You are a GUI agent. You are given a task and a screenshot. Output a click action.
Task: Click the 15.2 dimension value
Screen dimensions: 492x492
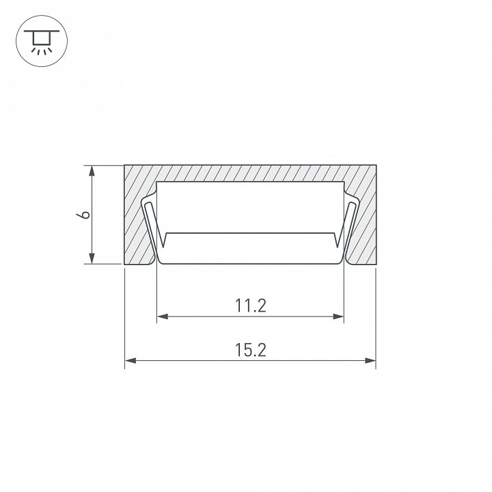point(250,350)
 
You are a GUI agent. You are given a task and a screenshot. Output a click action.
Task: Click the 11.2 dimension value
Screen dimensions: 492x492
point(250,305)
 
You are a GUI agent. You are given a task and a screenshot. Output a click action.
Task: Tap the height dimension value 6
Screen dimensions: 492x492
point(83,215)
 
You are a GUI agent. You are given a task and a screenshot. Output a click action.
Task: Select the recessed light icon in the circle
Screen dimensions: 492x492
point(42,41)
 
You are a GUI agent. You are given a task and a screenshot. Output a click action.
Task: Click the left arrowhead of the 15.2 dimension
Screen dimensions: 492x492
point(131,361)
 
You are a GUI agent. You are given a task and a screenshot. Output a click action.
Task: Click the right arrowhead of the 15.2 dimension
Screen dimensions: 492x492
point(370,361)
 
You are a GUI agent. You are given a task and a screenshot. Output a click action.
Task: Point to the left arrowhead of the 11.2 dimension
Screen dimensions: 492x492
point(163,316)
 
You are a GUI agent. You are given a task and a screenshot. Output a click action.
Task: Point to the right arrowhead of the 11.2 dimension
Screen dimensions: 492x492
point(338,316)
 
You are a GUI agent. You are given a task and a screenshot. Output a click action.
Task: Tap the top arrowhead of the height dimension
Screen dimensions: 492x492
point(92,172)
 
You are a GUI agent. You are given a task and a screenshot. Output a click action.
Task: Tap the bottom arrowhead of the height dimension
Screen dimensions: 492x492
point(92,258)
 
